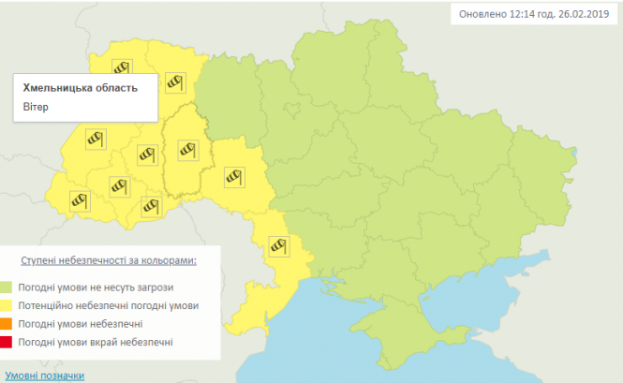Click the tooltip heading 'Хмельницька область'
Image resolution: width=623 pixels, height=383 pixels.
coord(80,88)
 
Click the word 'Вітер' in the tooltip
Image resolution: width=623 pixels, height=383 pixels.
coord(36,107)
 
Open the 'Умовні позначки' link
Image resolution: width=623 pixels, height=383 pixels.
coord(42,376)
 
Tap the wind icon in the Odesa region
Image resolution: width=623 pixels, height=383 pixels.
coord(278,245)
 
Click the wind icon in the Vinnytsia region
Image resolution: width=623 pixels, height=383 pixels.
coord(232,174)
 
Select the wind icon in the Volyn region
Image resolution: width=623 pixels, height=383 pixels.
coord(120,66)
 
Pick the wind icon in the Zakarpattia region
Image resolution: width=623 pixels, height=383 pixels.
coord(80,199)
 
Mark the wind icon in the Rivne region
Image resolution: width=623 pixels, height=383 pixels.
coord(174,82)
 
